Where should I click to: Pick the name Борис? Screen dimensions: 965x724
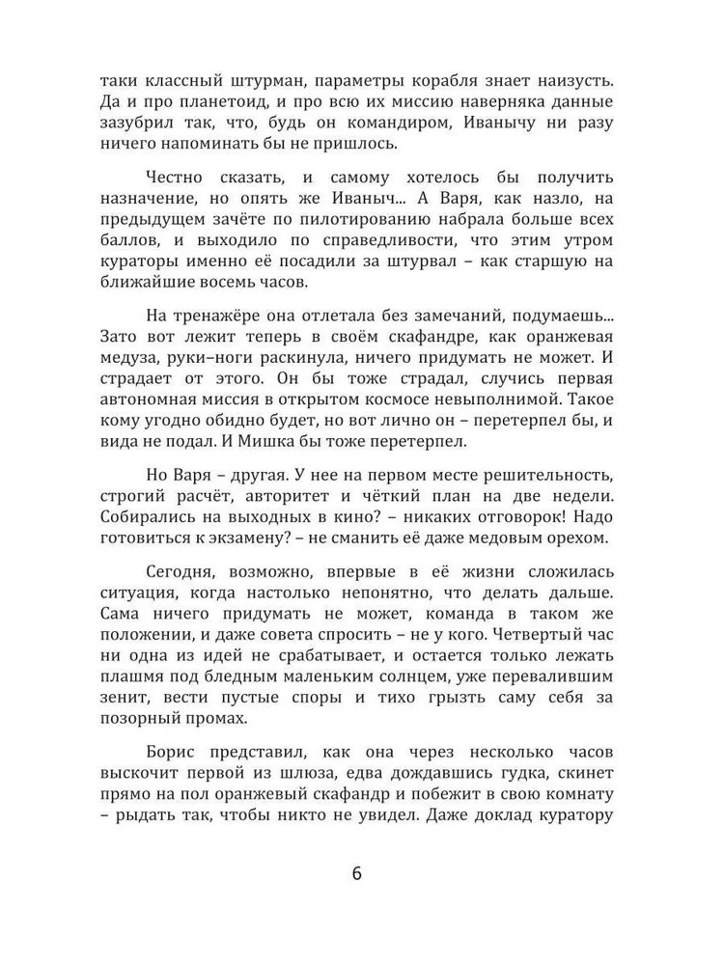pyautogui.click(x=175, y=752)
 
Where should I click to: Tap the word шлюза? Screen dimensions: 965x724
pyautogui.click(x=331, y=774)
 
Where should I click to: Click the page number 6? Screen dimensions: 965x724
pyautogui.click(x=357, y=874)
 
